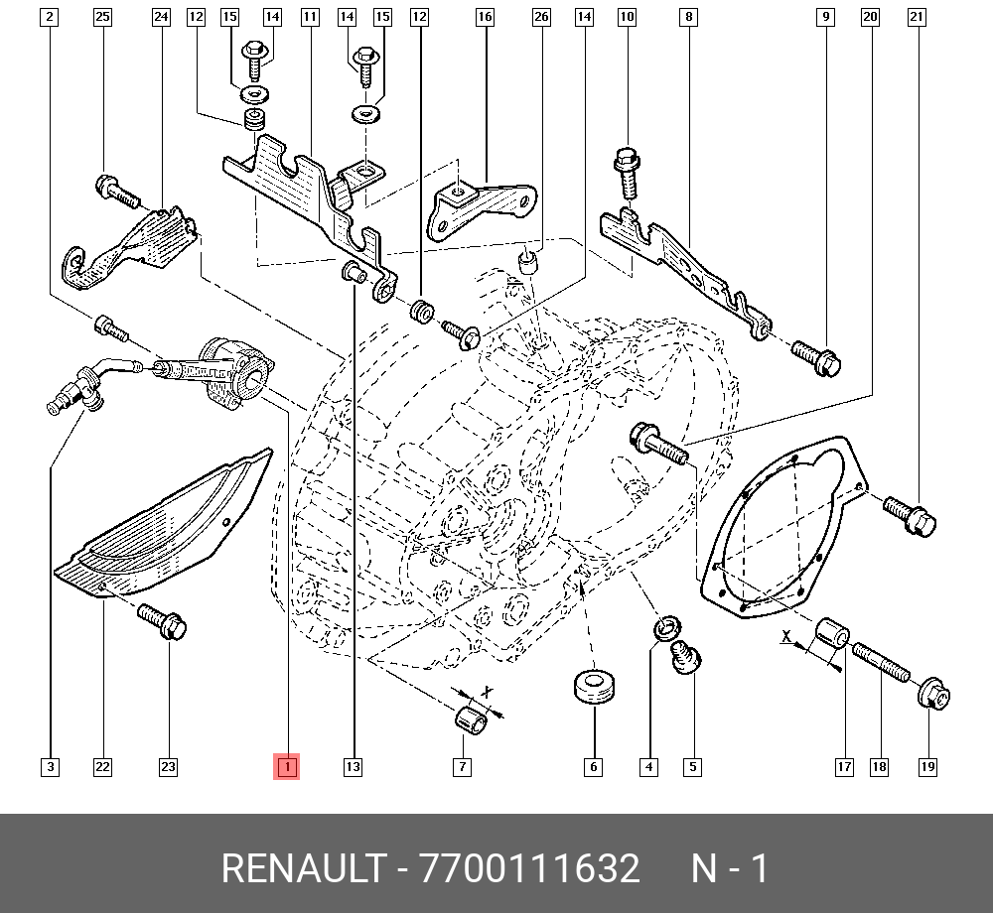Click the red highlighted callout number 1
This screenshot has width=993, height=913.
pyautogui.click(x=286, y=767)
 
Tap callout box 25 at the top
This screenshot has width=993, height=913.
pyautogui.click(x=102, y=17)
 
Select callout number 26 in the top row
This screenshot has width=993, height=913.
pyautogui.click(x=541, y=17)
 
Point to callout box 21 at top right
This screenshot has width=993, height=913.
pyautogui.click(x=917, y=17)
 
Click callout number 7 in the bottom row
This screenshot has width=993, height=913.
pyautogui.click(x=463, y=767)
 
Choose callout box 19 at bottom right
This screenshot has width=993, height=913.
pyautogui.click(x=927, y=767)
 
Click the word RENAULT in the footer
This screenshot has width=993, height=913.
pyautogui.click(x=303, y=868)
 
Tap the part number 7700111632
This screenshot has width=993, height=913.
pyautogui.click(x=529, y=868)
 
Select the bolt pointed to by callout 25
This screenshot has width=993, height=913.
pyautogui.click(x=117, y=193)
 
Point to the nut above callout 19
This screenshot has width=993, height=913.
pyautogui.click(x=933, y=694)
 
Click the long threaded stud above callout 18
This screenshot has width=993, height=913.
pyautogui.click(x=881, y=662)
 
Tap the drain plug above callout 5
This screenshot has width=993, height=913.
pyautogui.click(x=686, y=657)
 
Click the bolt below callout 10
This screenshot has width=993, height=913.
pyautogui.click(x=627, y=173)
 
